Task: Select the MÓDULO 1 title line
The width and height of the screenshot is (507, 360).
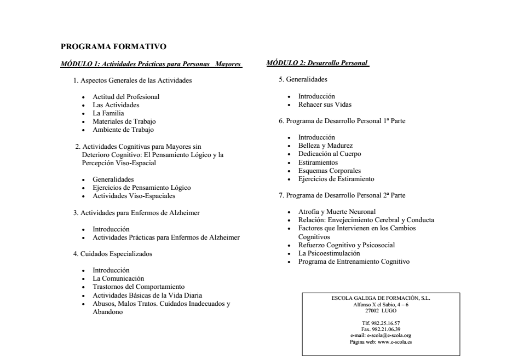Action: coord(151,64)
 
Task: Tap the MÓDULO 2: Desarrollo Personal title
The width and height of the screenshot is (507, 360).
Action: coord(318,63)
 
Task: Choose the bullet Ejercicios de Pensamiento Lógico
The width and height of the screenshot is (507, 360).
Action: coord(141,188)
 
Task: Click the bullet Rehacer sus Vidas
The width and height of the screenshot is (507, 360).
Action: coord(325,104)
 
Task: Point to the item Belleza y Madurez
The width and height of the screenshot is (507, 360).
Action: coord(325,146)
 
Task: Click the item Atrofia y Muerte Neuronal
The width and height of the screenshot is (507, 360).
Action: coord(337,212)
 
